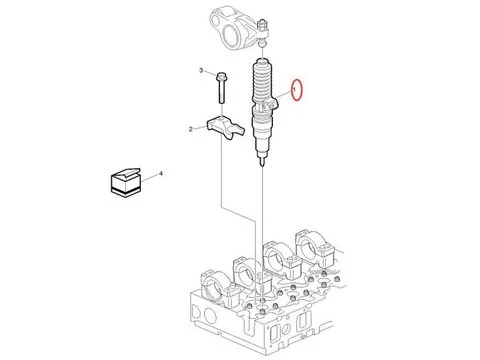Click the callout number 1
[x=294, y=90]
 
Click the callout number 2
[x=191, y=129]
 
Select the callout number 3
[x=201, y=70]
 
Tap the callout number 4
[x=161, y=173]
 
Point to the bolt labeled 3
[x=221, y=88]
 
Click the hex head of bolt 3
[x=221, y=76]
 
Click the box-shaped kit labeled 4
[x=125, y=182]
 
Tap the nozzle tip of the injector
[x=263, y=162]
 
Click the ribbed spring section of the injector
[x=262, y=82]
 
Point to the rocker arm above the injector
[x=238, y=28]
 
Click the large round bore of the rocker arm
[x=231, y=35]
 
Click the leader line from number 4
[x=150, y=177]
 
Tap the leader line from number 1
[x=283, y=95]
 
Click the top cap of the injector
[x=263, y=62]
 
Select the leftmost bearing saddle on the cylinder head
[x=216, y=287]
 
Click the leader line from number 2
[x=200, y=128]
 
